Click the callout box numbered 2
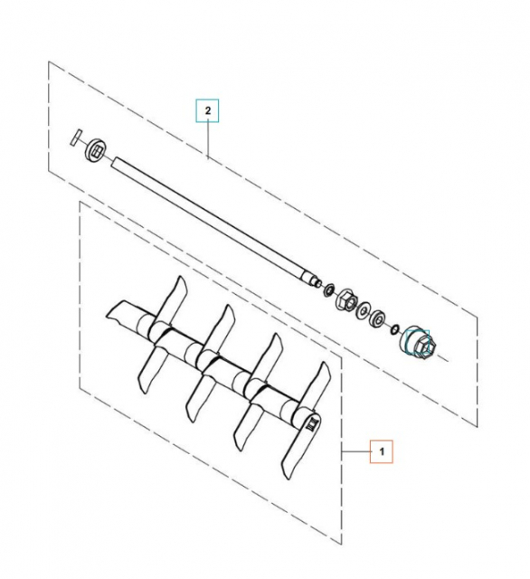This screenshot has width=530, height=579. [209, 111]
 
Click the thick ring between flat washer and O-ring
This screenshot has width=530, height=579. [382, 320]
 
